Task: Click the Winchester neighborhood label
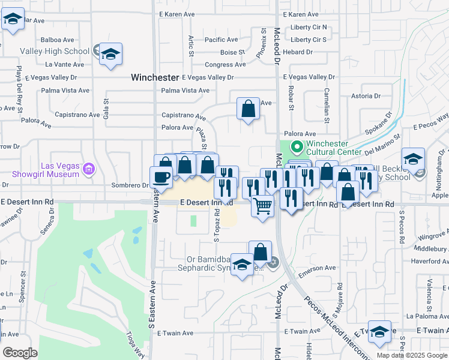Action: click(155, 77)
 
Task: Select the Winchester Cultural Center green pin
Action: click(297, 147)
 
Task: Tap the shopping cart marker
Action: click(262, 206)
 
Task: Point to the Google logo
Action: click(20, 352)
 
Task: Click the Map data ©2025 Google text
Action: click(412, 355)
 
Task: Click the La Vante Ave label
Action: click(64, 64)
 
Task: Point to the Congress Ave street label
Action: click(225, 65)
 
